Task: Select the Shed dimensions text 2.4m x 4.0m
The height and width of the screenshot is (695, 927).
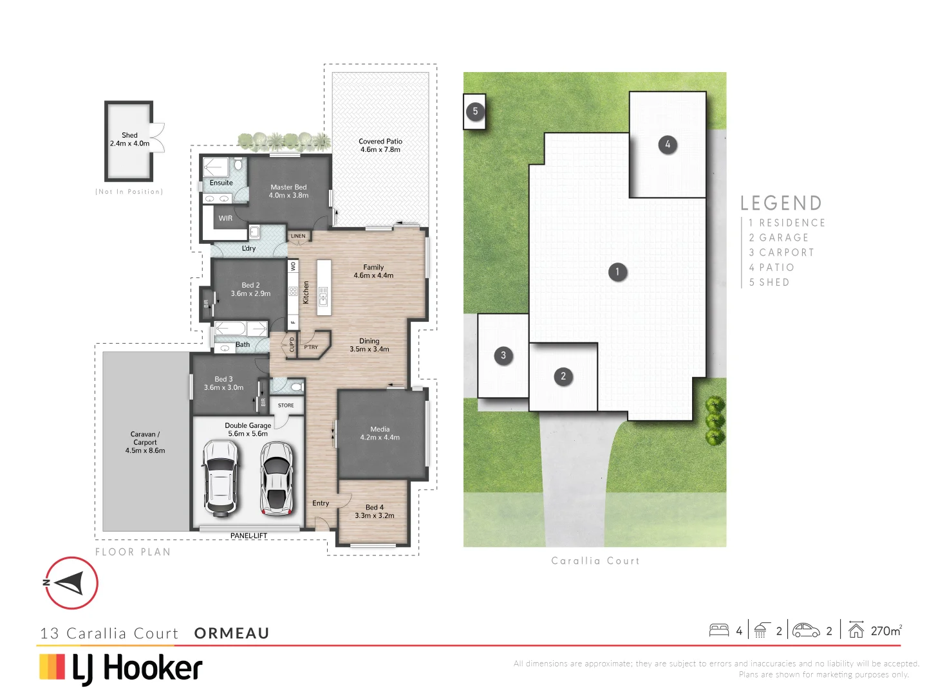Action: (129, 144)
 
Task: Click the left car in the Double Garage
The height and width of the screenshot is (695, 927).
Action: (220, 478)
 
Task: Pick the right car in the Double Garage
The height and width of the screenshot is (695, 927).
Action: (276, 478)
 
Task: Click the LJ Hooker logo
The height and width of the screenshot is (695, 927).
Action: (121, 668)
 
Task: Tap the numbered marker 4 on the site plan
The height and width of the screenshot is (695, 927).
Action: (668, 144)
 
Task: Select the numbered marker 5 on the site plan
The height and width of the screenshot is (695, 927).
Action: (475, 111)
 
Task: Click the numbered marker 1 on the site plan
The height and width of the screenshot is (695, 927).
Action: (617, 272)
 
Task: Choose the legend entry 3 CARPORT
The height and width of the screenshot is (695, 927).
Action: (782, 252)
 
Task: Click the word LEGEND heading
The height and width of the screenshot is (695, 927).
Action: (781, 203)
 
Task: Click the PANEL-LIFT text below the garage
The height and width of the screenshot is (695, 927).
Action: (248, 535)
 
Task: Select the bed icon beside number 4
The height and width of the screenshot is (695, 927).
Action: (718, 631)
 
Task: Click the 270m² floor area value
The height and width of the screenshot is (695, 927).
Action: (886, 631)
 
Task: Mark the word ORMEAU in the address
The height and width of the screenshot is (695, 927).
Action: (232, 633)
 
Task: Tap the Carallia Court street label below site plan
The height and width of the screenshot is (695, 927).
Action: (595, 561)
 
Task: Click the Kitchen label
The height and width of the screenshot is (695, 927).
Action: (306, 292)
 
